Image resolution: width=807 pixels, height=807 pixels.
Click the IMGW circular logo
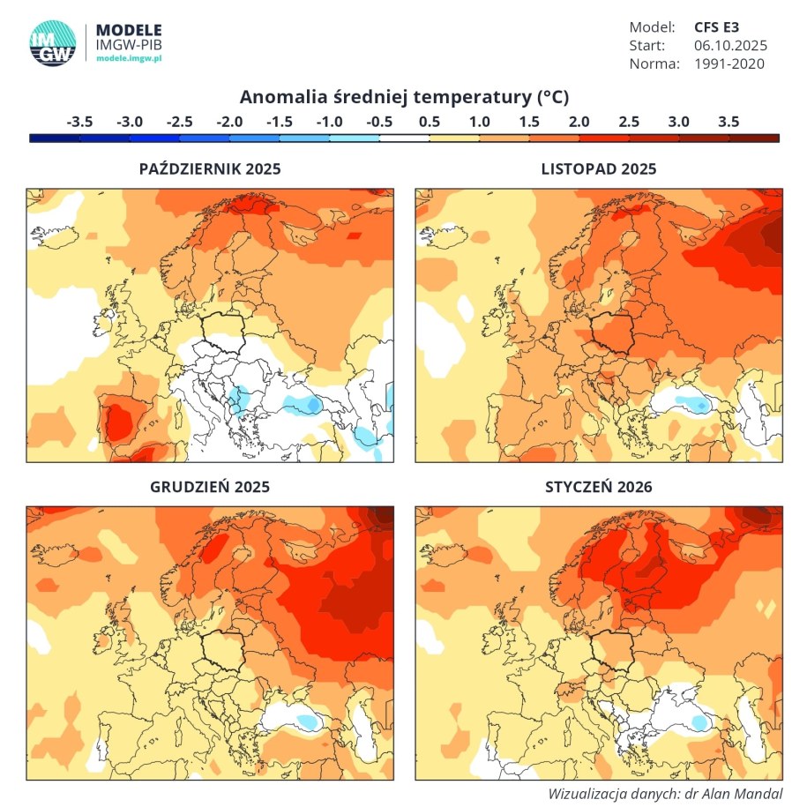(52, 41)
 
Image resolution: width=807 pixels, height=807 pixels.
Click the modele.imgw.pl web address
(129, 58)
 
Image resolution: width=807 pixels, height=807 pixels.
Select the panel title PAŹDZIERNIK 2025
(210, 169)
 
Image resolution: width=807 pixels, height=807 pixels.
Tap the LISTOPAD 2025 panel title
(599, 169)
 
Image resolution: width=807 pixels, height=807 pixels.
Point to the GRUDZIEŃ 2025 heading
(210, 487)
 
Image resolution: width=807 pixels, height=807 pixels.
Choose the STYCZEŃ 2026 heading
(599, 487)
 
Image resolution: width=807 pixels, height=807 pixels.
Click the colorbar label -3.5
(79, 122)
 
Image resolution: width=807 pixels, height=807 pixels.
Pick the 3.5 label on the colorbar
(729, 122)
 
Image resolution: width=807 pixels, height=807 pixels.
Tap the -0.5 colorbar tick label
(379, 122)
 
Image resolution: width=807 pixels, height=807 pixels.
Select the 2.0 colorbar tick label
(579, 122)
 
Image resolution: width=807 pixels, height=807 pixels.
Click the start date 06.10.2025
(730, 45)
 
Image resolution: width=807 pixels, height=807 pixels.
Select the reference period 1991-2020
(729, 64)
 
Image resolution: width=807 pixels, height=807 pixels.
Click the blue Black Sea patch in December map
(307, 721)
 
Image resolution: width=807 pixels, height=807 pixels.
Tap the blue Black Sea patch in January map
(700, 722)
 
